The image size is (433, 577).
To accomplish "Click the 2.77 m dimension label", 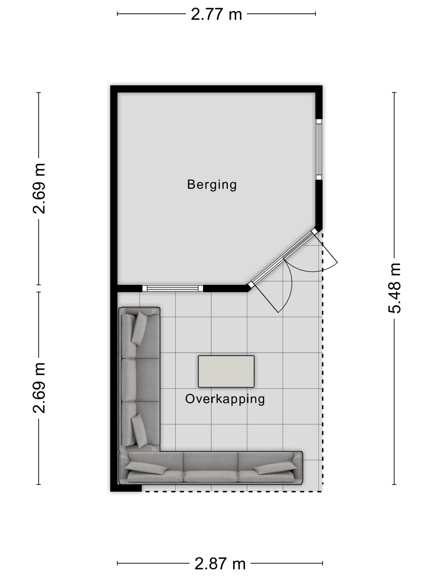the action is pos(216,14).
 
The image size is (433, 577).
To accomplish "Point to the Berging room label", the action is pos(212,185).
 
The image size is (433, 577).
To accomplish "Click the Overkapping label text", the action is pos(225,399).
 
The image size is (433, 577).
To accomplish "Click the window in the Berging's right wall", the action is pos(319,149).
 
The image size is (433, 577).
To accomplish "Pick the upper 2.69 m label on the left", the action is pos(39,188).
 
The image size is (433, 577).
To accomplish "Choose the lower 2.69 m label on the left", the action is pos(39,388).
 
